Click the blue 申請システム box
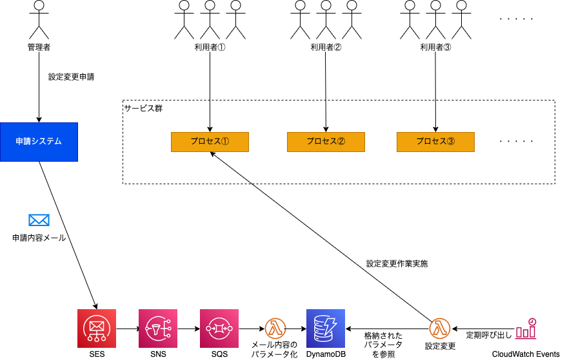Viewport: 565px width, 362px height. (x=39, y=142)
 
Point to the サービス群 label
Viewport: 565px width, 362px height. (x=143, y=108)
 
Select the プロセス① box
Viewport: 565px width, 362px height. (x=210, y=142)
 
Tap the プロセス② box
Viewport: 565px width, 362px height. (x=326, y=142)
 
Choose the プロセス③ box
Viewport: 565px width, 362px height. (x=435, y=142)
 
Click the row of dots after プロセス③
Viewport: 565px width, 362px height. (x=517, y=141)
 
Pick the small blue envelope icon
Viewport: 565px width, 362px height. (x=39, y=220)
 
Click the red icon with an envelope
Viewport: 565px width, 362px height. (x=97, y=329)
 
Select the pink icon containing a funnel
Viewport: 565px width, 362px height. (x=158, y=329)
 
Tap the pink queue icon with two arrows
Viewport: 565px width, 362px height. (x=219, y=329)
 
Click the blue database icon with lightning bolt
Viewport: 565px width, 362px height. (x=326, y=329)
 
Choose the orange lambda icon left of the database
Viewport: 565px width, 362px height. (x=275, y=329)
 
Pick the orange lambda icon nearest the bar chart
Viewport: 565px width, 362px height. (x=440, y=329)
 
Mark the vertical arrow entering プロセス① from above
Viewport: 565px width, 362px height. (x=210, y=116)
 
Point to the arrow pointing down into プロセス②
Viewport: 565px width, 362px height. (x=326, y=116)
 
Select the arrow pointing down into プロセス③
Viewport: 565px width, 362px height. (x=435, y=116)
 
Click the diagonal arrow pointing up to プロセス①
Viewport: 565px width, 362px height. (x=231, y=168)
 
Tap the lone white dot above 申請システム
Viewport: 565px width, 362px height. (x=39, y=5)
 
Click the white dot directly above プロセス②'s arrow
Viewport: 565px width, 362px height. (x=326, y=5)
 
